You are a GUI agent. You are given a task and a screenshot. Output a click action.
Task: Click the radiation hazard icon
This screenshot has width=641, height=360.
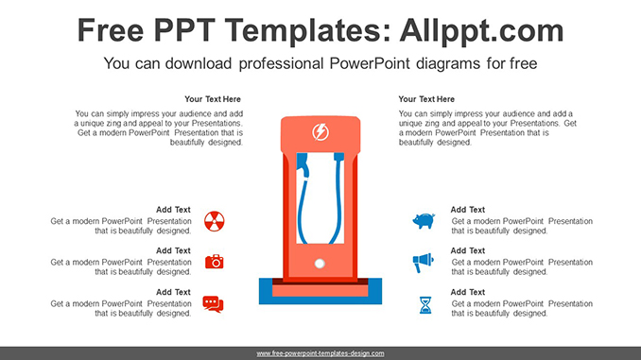215,221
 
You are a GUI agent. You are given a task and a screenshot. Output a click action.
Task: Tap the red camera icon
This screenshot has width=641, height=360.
215,262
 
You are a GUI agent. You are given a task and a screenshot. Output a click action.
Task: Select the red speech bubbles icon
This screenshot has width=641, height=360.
213,304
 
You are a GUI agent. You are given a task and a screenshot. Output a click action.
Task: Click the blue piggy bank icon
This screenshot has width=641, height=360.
424,221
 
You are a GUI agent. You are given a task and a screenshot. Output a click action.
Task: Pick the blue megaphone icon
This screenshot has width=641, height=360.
423,263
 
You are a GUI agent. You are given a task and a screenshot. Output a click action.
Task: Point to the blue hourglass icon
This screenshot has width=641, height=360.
425,305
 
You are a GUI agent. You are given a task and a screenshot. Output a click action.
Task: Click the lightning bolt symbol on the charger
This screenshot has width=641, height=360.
320,132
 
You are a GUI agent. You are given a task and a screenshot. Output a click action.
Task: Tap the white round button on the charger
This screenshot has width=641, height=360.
320,264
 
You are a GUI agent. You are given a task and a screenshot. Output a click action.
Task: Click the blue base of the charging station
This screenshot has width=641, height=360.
320,300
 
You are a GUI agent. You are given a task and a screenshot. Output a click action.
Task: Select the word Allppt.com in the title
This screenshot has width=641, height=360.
481,30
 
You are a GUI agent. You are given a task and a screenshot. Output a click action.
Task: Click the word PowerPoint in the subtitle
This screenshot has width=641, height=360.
370,63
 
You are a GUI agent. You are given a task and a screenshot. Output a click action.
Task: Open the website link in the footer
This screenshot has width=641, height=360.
320,353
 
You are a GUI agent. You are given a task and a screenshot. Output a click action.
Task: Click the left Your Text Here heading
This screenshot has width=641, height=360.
213,99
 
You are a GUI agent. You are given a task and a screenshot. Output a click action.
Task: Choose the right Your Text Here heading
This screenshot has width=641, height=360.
426,99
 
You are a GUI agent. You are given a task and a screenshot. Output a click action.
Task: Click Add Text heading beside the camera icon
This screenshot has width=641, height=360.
173,251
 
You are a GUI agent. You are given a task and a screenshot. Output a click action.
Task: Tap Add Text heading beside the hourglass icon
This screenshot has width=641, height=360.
468,292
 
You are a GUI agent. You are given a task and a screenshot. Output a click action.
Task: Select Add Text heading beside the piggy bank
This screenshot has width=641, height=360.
468,210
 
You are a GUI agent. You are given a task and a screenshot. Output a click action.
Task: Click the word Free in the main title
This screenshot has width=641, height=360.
111,30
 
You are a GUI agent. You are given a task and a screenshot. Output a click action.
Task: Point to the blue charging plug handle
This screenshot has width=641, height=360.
303,165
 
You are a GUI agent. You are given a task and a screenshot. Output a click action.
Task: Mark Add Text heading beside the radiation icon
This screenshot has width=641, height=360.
173,210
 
